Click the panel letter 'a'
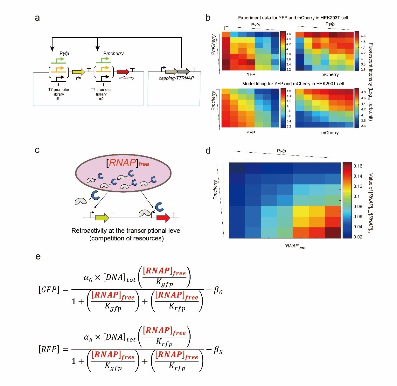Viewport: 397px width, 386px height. click(37, 18)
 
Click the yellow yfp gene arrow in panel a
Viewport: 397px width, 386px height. click(78, 72)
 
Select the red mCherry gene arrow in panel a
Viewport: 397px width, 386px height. click(123, 72)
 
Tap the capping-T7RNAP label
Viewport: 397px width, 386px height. click(176, 78)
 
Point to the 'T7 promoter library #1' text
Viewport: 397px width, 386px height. click(59, 94)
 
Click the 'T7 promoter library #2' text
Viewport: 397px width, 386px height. click(101, 94)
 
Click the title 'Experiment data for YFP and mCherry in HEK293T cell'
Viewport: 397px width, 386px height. click(293, 18)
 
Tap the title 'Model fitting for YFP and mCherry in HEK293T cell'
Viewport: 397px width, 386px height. click(293, 84)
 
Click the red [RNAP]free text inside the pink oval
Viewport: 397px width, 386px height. click(128, 163)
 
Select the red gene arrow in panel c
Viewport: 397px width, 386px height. click(163, 218)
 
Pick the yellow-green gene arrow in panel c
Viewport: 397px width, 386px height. click(102, 218)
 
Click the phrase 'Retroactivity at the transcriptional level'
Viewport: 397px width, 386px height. click(126, 231)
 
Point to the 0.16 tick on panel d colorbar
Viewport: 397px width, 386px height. click(358, 166)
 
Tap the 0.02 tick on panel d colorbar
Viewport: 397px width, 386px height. click(358, 237)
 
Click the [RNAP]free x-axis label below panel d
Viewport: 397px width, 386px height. click(294, 246)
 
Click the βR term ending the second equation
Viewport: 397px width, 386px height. click(218, 350)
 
